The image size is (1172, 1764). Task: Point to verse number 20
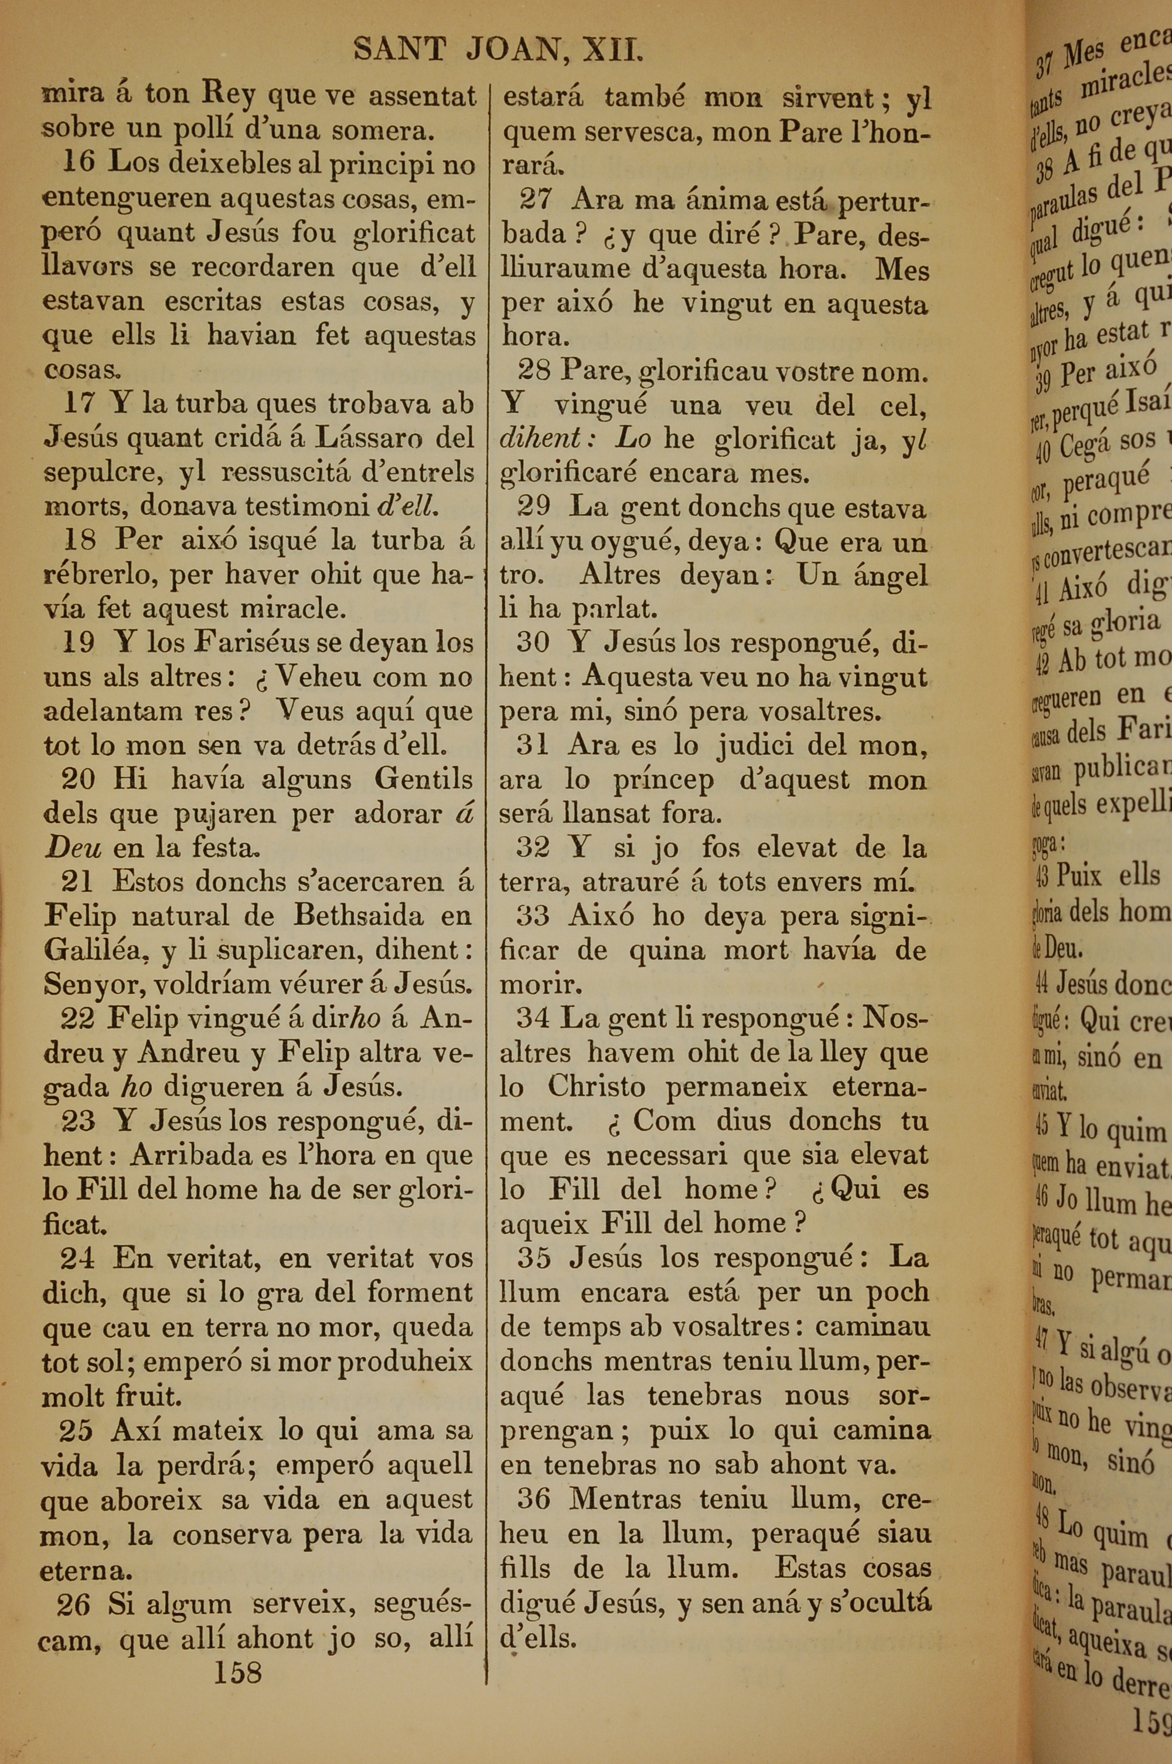pyautogui.click(x=79, y=779)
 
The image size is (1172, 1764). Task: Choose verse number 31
pyautogui.click(x=533, y=745)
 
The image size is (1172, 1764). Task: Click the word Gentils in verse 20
pyautogui.click(x=423, y=779)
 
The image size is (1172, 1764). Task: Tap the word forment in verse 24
pyautogui.click(x=415, y=1291)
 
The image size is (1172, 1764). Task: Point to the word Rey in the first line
pyautogui.click(x=230, y=96)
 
